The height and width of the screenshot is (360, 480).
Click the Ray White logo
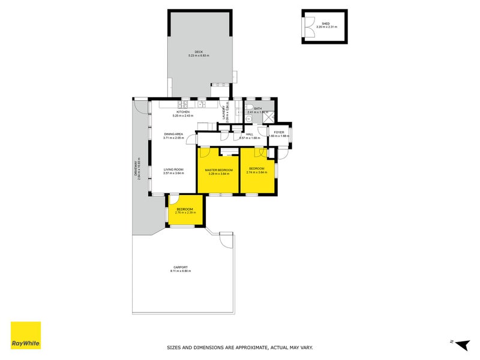[x=26, y=335]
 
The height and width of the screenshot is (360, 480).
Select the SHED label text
[x=326, y=24]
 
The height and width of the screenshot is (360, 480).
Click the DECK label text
[x=198, y=52]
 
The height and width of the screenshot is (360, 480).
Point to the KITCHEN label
[x=183, y=112]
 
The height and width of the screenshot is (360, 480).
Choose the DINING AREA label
[x=174, y=134]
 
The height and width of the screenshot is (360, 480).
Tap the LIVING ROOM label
[x=173, y=170]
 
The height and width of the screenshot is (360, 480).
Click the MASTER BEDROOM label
[x=218, y=170]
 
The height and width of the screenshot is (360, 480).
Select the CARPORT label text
[x=181, y=268]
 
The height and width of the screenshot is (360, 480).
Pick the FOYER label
[x=279, y=132]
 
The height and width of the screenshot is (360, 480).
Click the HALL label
[x=248, y=134]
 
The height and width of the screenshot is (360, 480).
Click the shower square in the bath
[x=269, y=118]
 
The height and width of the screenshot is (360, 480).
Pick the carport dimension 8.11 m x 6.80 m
[x=181, y=271]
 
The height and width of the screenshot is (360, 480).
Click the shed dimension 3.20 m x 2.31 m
[x=326, y=28]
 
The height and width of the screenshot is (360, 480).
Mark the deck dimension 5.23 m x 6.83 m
[x=198, y=56]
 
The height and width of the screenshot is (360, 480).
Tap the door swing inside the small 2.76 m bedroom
[x=173, y=200]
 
